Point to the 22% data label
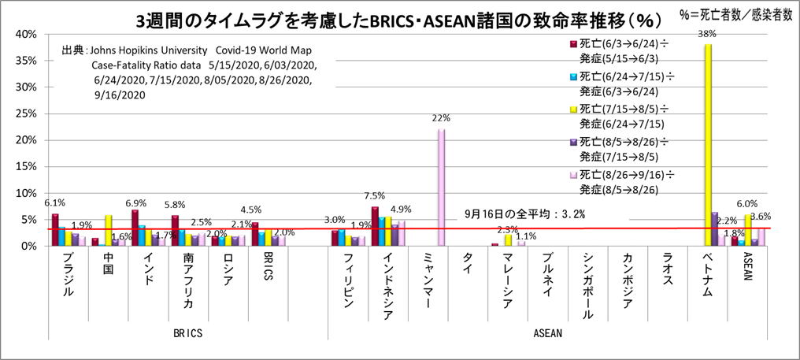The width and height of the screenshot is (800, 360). (440, 118)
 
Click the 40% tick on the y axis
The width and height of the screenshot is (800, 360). (26, 34)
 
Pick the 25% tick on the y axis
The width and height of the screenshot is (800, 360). (26, 113)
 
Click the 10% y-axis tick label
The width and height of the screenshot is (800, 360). (26, 193)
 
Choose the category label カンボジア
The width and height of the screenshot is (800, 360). (628, 280)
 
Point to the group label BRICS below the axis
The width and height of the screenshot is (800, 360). (187, 333)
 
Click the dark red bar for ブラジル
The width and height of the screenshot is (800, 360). (54, 230)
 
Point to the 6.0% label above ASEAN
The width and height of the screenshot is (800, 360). (746, 203)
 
